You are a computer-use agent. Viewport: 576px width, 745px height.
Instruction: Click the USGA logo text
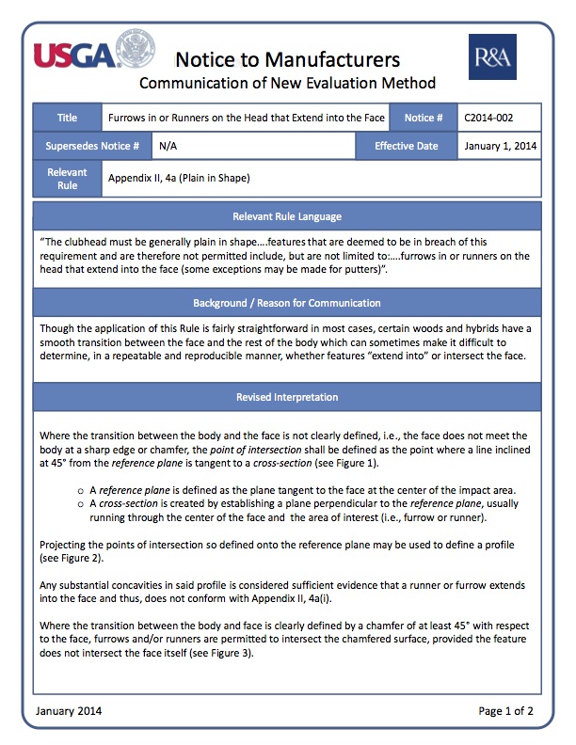point(72,54)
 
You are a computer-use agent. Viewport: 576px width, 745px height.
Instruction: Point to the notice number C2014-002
point(488,118)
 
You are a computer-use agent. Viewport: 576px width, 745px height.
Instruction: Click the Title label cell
point(67,118)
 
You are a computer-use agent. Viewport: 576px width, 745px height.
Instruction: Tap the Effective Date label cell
point(406,146)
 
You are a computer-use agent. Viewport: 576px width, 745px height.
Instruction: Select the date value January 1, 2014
point(499,146)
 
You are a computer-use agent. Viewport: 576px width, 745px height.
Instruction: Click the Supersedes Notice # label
point(92,146)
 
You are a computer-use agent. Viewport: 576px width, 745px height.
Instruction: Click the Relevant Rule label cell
point(67,178)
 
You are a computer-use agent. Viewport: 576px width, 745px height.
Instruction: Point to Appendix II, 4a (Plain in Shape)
point(178,178)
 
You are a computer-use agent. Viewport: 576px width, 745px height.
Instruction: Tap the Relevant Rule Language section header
point(287,216)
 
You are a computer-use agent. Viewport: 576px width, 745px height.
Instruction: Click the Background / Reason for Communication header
point(287,303)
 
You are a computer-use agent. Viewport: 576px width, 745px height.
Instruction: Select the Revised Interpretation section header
point(287,397)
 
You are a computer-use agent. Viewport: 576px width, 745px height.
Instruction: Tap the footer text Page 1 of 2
point(505,710)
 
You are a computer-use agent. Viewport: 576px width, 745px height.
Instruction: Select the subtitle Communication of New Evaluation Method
point(287,84)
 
